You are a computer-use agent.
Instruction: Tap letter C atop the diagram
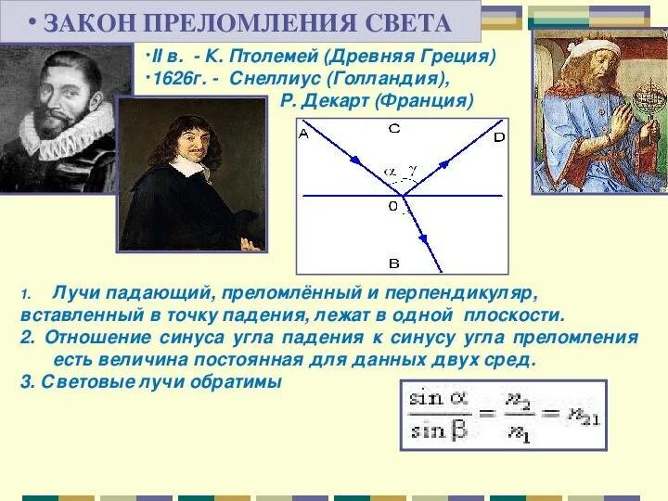coord(394,129)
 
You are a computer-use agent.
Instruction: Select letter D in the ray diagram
coord(500,137)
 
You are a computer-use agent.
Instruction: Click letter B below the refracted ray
coord(393,263)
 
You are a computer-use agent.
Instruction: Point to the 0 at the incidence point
coord(393,205)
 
